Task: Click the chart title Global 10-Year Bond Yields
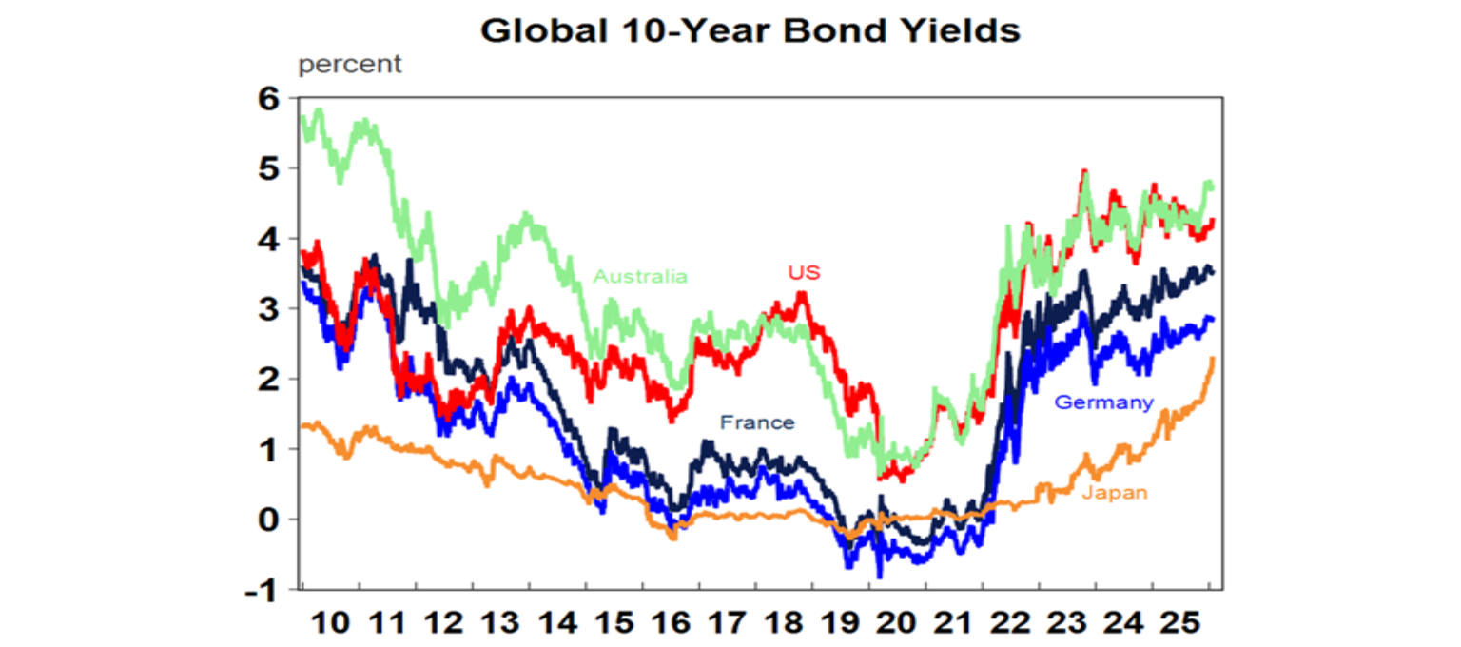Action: click(750, 30)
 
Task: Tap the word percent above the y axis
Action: click(350, 66)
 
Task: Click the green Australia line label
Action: click(639, 277)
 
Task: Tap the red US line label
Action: click(804, 273)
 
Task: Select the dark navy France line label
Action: click(757, 422)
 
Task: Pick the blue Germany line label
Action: click(1103, 402)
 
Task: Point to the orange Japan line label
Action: click(1115, 492)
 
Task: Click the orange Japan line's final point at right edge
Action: click(1213, 359)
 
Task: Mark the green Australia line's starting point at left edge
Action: click(302, 118)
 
